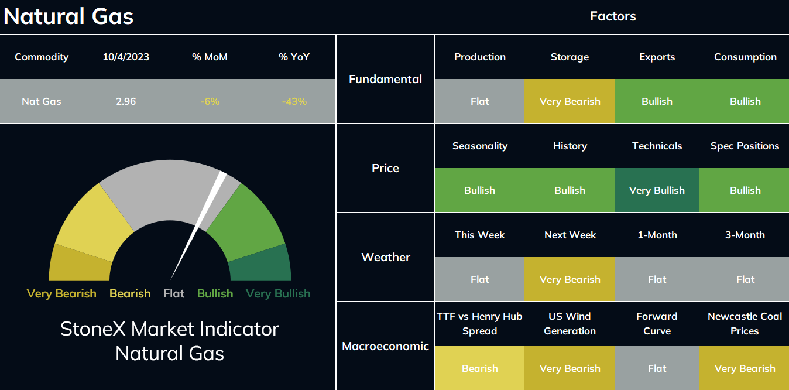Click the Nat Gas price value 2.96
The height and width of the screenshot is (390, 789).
click(x=126, y=101)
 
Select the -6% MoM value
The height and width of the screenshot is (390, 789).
click(x=210, y=101)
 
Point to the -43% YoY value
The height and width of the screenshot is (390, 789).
click(x=294, y=101)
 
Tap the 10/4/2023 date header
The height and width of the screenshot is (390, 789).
click(x=126, y=57)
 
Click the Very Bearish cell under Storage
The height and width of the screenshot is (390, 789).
click(x=570, y=101)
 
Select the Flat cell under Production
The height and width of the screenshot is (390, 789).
click(x=479, y=101)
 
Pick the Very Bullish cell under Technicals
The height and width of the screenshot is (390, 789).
click(x=657, y=190)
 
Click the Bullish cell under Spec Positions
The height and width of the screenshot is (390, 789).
click(x=744, y=190)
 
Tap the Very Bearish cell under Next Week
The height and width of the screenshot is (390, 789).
click(x=570, y=279)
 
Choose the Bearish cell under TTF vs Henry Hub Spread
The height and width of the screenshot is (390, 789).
click(x=479, y=368)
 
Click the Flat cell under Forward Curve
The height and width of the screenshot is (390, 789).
click(x=657, y=368)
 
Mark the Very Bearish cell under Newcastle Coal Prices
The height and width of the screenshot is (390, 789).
click(x=744, y=368)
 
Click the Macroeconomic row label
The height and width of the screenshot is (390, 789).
click(x=385, y=346)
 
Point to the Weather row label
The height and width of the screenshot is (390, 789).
click(x=386, y=257)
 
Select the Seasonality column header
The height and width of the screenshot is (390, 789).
click(x=480, y=146)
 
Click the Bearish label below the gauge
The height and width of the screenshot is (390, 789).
click(x=130, y=293)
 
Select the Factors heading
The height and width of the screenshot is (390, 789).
click(x=613, y=16)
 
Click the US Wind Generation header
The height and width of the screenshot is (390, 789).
click(x=570, y=323)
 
